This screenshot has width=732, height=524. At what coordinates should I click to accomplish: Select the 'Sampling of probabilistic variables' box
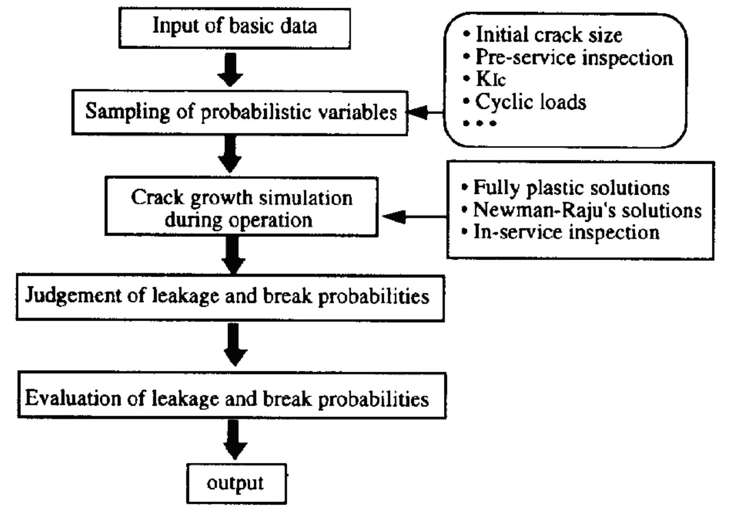[240, 113]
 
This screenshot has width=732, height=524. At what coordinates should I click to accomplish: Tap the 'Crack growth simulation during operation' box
[241, 207]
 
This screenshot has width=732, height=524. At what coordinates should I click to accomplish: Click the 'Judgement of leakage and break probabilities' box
[230, 297]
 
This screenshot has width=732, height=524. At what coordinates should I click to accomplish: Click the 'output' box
[236, 483]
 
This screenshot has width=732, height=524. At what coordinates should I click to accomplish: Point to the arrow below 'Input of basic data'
[231, 70]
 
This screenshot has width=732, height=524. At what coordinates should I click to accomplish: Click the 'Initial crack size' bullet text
[548, 35]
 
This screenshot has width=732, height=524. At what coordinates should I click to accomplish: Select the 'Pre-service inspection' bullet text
[574, 58]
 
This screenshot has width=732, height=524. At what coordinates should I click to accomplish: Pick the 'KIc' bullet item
[490, 79]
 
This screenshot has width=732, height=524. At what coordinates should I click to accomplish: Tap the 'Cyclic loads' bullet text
[530, 102]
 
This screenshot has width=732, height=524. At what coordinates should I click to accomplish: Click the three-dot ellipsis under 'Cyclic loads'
[480, 123]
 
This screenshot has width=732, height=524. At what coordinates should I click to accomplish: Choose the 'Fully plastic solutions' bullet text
[571, 188]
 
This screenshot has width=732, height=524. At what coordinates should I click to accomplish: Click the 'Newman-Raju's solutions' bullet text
[587, 210]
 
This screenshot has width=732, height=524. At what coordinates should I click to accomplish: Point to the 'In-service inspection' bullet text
[566, 232]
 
